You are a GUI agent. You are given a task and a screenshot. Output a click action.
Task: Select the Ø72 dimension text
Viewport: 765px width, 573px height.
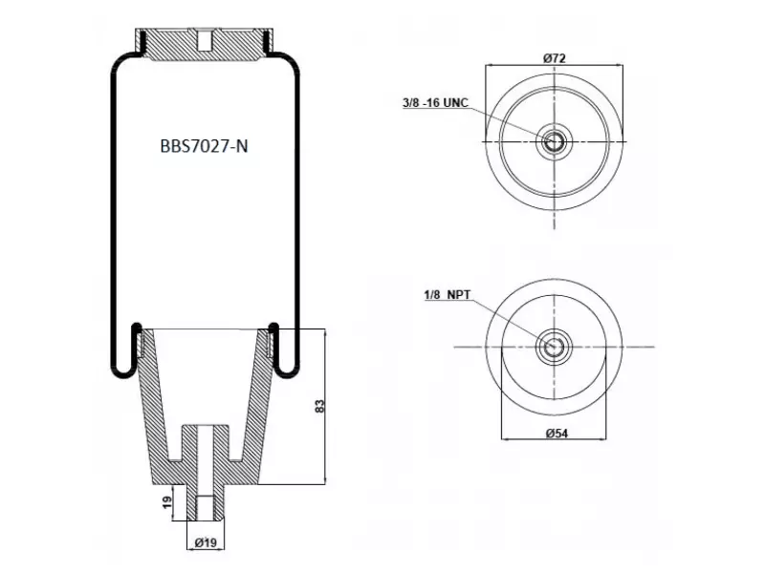pyautogui.click(x=555, y=58)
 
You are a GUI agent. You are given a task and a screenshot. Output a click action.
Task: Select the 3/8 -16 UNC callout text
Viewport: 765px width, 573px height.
pyautogui.click(x=435, y=103)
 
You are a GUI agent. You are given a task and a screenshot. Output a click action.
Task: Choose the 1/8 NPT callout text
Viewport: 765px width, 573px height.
pyautogui.click(x=447, y=297)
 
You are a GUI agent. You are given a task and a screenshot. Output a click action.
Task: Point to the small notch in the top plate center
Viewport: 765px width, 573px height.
pyautogui.click(x=206, y=41)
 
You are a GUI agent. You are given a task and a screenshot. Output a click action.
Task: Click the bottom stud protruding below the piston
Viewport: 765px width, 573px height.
pyautogui.click(x=206, y=504)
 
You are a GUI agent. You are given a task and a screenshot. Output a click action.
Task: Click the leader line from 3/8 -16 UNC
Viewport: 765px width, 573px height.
pyautogui.click(x=507, y=118)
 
